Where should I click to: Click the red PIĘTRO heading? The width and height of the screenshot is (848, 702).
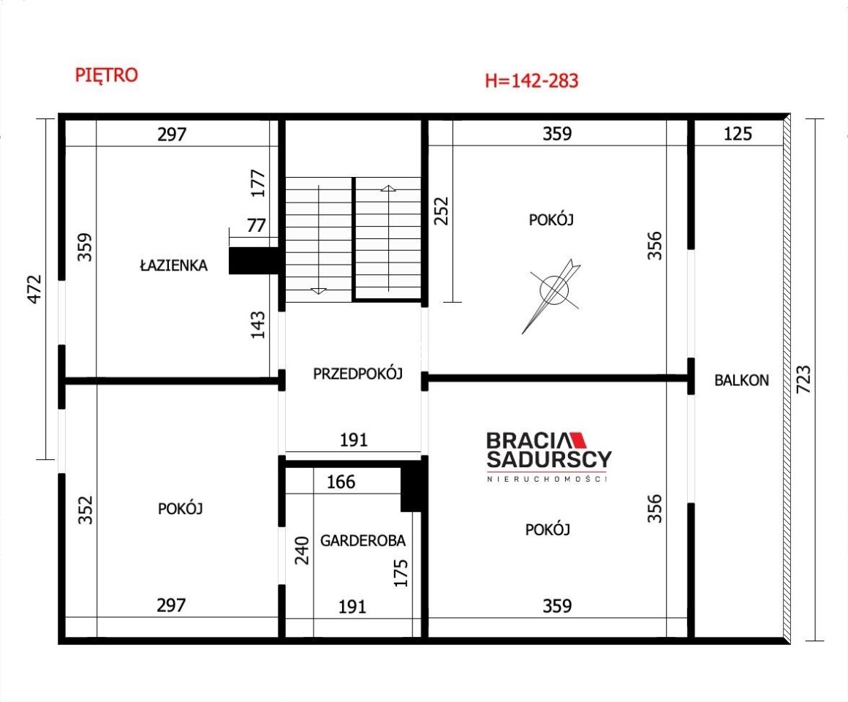click(107, 75)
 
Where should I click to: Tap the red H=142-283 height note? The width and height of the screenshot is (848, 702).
click(531, 80)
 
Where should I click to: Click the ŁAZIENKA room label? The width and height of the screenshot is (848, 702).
click(173, 265)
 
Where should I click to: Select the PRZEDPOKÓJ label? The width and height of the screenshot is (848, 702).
click(358, 373)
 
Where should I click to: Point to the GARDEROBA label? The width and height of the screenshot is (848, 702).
click(363, 540)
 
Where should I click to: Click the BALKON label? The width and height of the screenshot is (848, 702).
click(741, 380)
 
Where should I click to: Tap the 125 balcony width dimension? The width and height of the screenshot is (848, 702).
click(738, 134)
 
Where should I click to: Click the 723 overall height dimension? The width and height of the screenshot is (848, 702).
click(803, 379)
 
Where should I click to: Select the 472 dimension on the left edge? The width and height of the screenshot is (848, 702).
click(34, 289)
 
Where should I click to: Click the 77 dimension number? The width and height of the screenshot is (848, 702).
click(257, 225)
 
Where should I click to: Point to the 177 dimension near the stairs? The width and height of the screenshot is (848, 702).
click(258, 184)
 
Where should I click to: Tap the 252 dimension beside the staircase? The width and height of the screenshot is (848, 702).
click(442, 211)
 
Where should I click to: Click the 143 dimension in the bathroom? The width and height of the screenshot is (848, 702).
click(258, 325)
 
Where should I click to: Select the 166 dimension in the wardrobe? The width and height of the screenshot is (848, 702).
click(341, 482)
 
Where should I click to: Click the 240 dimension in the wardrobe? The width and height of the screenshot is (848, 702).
click(301, 551)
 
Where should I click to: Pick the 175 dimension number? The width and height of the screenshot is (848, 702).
click(400, 573)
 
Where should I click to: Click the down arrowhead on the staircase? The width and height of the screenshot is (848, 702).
click(319, 291)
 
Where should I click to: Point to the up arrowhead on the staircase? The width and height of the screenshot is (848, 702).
click(388, 188)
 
